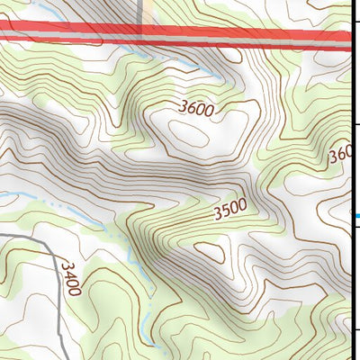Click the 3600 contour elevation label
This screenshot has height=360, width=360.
195,109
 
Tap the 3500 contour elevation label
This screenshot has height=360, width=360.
229,212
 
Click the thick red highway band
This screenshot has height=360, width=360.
180,33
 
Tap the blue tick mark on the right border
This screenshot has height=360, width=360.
355,216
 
